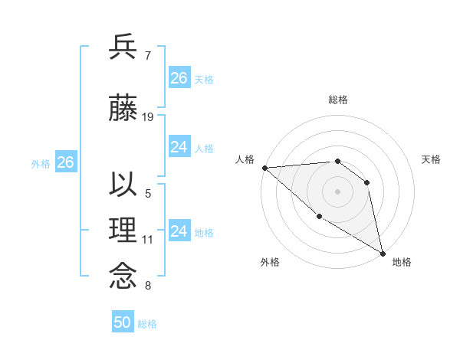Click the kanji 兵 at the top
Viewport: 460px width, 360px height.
pyautogui.click(x=123, y=47)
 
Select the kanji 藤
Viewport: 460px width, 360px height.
pyautogui.click(x=123, y=108)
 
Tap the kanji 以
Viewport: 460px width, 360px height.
pyautogui.click(x=123, y=185)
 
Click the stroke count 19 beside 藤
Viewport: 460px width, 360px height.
pyautogui.click(x=149, y=116)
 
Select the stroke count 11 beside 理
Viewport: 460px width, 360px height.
pyautogui.click(x=148, y=240)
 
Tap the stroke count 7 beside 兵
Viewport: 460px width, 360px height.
pyautogui.click(x=147, y=55)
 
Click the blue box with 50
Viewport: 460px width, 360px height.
pyautogui.click(x=123, y=322)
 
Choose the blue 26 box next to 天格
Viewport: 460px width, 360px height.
pyautogui.click(x=179, y=78)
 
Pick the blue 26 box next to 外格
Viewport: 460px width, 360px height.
pyautogui.click(x=65, y=162)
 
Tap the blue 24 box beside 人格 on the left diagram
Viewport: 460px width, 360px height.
pyautogui.click(x=179, y=147)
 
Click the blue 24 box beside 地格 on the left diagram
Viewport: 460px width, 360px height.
pyautogui.click(x=179, y=231)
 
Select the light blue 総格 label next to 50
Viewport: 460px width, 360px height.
pyautogui.click(x=147, y=324)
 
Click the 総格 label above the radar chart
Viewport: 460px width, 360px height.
pyautogui.click(x=337, y=100)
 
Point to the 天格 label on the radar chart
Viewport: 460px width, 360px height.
pyautogui.click(x=432, y=159)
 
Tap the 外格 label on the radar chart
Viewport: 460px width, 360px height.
pyautogui.click(x=270, y=262)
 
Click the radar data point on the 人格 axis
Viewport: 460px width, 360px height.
pyautogui.click(x=264, y=167)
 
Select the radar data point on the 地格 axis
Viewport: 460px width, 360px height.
pyautogui.click(x=383, y=253)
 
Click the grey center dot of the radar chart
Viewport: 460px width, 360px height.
pyautogui.click(x=337, y=191)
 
